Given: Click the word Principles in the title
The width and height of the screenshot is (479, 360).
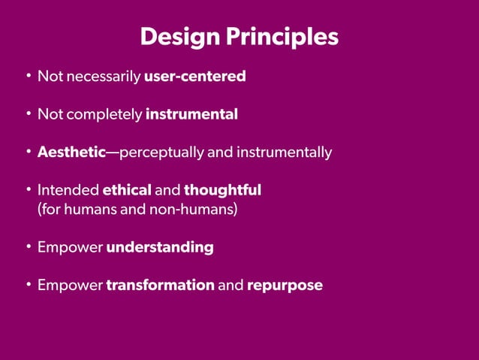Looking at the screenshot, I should (282, 37).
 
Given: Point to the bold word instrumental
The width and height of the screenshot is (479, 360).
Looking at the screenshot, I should (191, 115).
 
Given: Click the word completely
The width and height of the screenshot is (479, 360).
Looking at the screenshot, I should (104, 115).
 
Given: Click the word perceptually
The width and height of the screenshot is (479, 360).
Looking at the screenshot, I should (161, 153).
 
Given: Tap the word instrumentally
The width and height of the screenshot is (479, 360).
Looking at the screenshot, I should (284, 153).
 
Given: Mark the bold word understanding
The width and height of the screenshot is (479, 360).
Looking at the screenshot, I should (160, 247).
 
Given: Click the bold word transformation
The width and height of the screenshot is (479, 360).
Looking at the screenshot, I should (161, 286).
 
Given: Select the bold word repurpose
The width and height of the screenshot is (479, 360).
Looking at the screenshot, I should (285, 286).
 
